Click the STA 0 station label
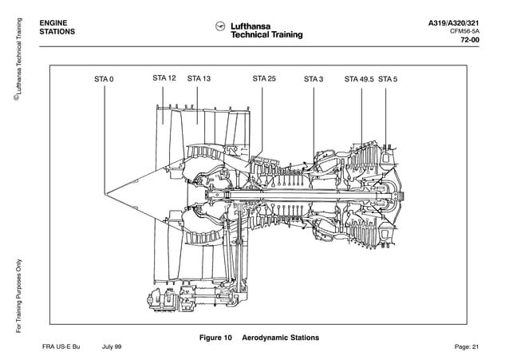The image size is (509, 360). (104, 79)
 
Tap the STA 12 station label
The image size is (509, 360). (164, 78)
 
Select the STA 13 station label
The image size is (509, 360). (199, 78)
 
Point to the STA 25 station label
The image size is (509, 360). (264, 78)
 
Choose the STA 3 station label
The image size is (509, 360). (314, 79)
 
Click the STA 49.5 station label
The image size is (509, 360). (359, 79)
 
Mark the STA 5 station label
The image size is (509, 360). (388, 79)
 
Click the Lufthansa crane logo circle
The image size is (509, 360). (221, 26)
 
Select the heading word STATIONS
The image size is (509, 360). (59, 33)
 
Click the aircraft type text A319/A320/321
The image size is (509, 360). (454, 22)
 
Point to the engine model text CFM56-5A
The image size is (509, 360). (463, 32)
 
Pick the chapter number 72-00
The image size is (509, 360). (470, 42)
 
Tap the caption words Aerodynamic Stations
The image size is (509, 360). (280, 338)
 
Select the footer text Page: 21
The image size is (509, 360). (466, 347)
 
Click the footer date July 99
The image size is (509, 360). (112, 347)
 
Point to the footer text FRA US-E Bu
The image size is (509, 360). (61, 347)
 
